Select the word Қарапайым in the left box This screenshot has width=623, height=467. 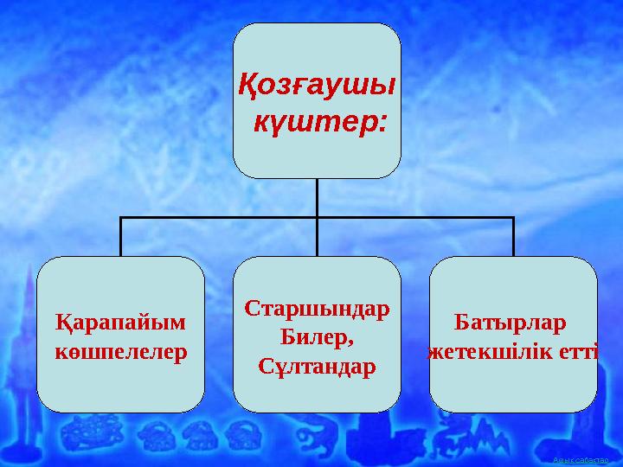coord(120,323)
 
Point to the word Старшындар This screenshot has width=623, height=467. coord(317,309)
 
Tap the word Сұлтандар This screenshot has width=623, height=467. coord(317,366)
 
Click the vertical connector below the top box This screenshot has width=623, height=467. coord(317,197)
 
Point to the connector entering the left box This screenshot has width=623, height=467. coord(120,238)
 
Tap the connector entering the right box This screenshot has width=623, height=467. coord(513,238)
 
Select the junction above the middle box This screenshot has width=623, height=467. coord(317,218)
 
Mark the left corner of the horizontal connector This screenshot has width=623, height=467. coord(120,218)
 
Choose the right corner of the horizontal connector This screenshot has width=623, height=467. coord(513,218)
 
